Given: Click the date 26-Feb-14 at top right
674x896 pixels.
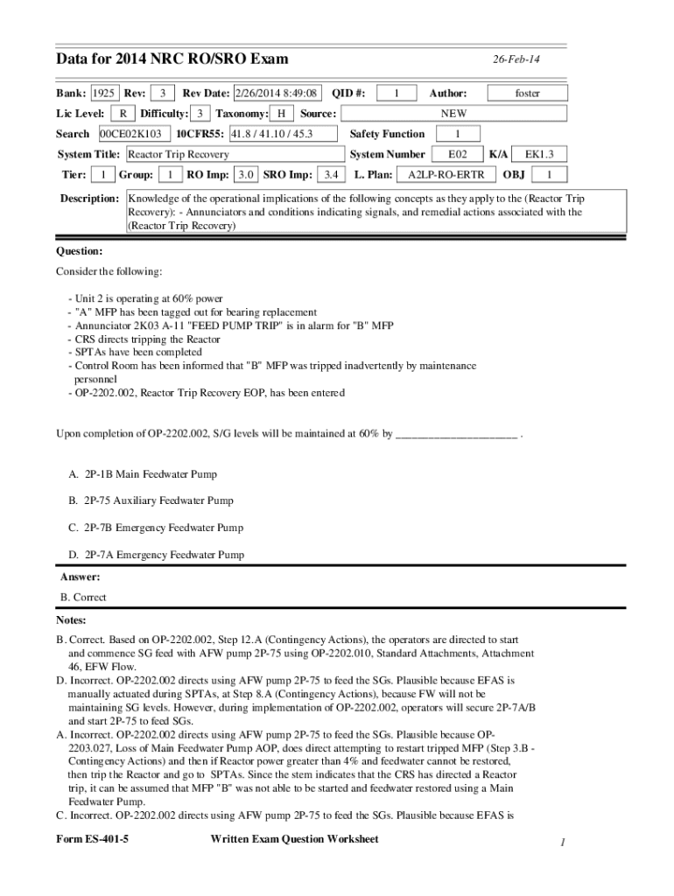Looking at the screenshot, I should [516, 59].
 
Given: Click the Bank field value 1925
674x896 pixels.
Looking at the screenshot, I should [104, 93].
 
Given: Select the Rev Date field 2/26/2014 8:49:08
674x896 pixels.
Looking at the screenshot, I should [276, 93].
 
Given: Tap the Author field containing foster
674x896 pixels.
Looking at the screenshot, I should [527, 93].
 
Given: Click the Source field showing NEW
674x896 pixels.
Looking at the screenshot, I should [453, 114].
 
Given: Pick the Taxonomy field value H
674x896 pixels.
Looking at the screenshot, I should [281, 114].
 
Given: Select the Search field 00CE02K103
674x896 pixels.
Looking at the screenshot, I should [130, 134].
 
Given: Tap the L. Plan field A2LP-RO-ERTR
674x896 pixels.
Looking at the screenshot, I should [446, 174].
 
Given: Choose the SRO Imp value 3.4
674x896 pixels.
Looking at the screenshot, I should [331, 174].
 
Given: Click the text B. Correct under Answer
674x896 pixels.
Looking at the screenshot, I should [83, 598].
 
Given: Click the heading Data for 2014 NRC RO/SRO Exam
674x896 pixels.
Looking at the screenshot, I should [172, 59].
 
